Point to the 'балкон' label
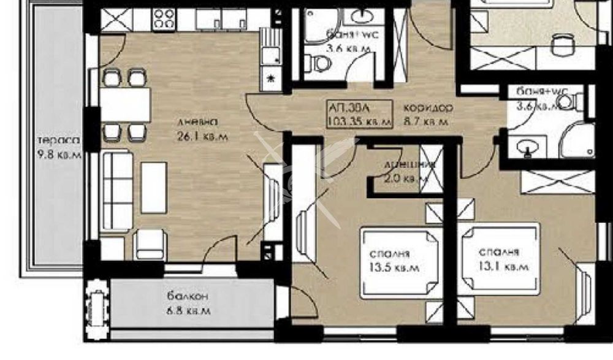pyautogui.click(x=188, y=297)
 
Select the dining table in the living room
pyautogui.click(x=125, y=104)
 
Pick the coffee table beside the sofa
pyautogui.click(x=154, y=186)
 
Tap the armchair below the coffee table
pyautogui.click(x=150, y=243)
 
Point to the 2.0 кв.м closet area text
pyautogui.click(x=402, y=179)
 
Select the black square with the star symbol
pyautogui.click(x=270, y=77)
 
